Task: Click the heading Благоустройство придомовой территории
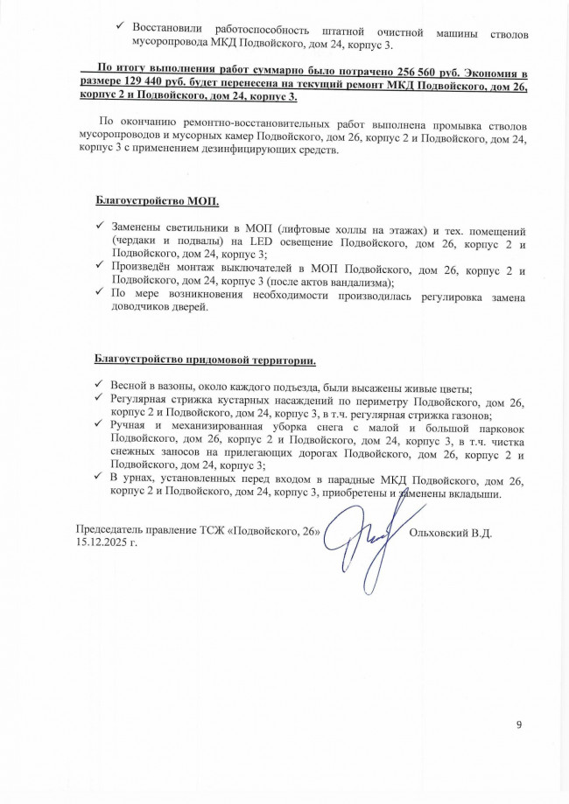coord(205,360)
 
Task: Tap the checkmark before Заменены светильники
coord(101,227)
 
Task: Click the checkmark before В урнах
coord(101,479)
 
